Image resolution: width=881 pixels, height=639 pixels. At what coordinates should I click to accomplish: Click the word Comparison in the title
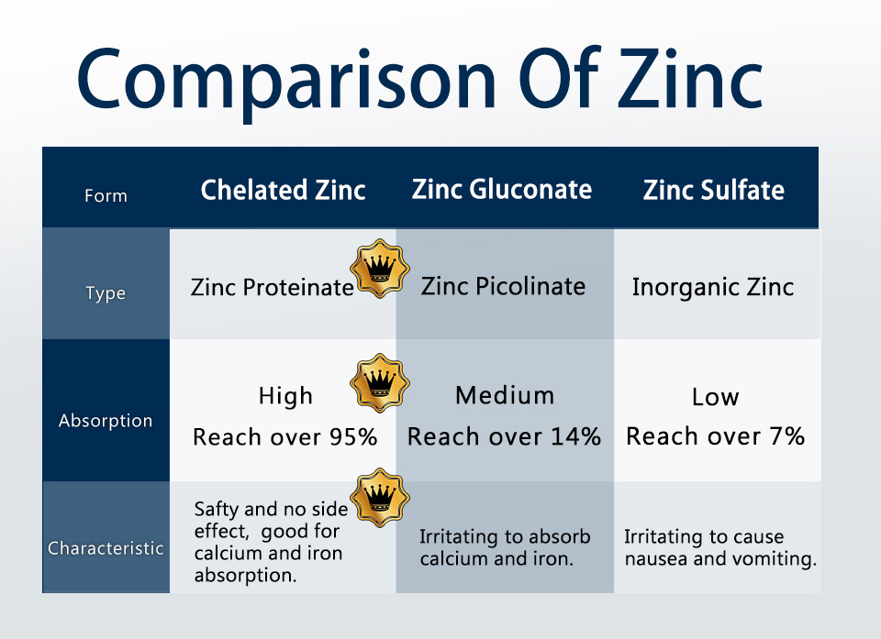coord(286,81)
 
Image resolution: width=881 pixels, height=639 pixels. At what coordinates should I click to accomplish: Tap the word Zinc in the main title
coord(690,79)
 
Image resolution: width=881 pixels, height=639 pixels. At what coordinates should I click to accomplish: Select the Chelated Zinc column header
coord(284,190)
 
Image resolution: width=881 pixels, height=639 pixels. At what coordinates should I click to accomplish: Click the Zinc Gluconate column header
coord(502,189)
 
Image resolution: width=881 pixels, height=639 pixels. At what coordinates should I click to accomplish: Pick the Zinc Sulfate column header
coord(714,190)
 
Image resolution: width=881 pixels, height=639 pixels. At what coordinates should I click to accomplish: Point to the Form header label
coord(106,196)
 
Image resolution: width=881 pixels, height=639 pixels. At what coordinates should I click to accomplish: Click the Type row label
coord(106,293)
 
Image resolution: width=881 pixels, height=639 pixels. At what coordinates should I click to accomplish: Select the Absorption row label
coord(106,421)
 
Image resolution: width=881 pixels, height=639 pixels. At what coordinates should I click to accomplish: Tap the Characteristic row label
coord(106,548)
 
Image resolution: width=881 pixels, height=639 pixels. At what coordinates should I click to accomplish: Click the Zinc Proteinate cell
coord(272,287)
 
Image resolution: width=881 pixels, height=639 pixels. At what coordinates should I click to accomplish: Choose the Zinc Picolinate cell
coord(504,286)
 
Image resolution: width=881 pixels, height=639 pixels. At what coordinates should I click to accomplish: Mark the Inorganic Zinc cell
coord(713,287)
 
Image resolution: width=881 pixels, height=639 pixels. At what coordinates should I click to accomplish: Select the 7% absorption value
coord(790,435)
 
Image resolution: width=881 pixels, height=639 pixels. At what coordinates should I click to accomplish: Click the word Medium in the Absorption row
coord(505,395)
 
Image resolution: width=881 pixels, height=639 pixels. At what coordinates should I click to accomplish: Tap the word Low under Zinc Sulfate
coord(715,397)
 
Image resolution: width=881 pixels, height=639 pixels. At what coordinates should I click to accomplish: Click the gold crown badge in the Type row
coord(380,269)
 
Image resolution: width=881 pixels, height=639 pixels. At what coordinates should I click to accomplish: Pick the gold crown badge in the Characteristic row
coord(380,498)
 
